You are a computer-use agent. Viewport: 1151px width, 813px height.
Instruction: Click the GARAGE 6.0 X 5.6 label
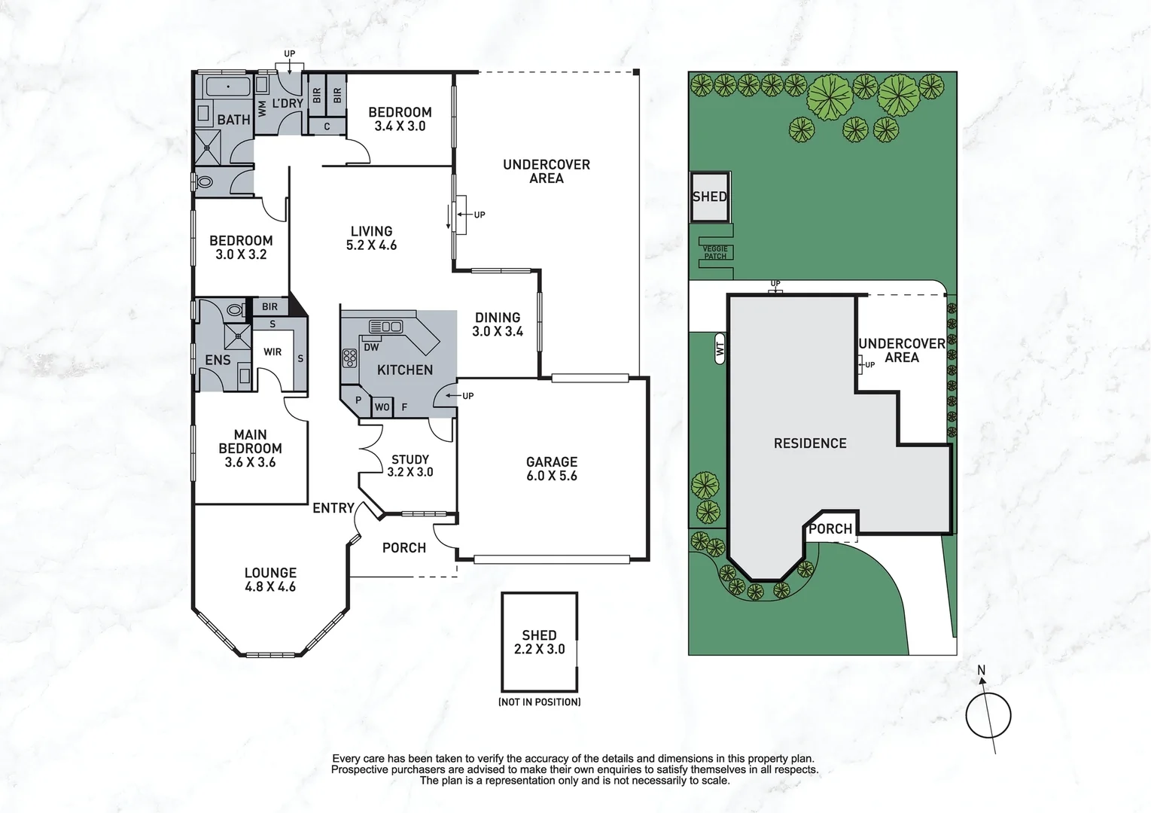tap(552, 469)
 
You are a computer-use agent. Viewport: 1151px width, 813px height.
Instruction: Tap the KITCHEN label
tap(404, 370)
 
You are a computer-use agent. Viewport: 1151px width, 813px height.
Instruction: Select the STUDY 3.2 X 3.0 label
tap(410, 465)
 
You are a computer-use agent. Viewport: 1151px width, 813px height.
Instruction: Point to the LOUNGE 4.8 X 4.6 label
tap(270, 580)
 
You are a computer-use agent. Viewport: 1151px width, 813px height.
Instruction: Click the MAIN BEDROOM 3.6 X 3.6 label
tap(250, 449)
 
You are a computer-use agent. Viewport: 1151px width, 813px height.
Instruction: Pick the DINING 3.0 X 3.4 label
tap(498, 324)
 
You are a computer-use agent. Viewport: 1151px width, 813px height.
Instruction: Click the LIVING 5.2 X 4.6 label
tap(371, 238)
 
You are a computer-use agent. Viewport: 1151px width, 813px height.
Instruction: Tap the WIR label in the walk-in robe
tap(273, 352)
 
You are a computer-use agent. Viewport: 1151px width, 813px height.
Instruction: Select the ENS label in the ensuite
tap(218, 360)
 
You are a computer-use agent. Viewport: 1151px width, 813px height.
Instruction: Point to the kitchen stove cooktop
tap(349, 358)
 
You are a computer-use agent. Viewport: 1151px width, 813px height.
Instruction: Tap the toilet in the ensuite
tap(235, 309)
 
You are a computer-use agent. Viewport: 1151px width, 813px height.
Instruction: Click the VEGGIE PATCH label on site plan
tap(715, 253)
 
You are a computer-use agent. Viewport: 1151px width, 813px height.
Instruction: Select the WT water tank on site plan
tap(720, 349)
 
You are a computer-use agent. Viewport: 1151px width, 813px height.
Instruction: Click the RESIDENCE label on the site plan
tap(810, 443)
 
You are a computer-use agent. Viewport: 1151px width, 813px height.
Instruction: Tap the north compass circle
tap(988, 716)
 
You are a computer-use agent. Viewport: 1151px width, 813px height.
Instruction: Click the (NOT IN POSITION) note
tap(539, 702)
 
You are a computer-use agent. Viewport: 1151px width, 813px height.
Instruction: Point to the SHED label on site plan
tap(709, 196)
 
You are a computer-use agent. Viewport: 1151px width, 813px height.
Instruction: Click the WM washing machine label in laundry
tap(262, 109)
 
